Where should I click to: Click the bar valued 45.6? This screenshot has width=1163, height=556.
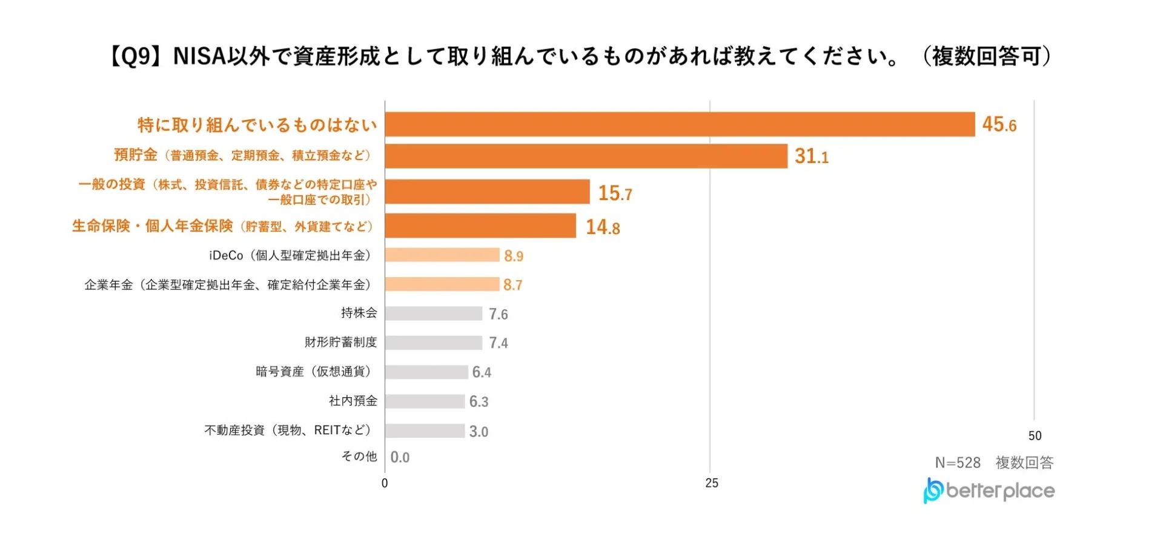pyautogui.click(x=680, y=124)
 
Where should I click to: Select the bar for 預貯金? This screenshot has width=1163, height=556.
pyautogui.click(x=586, y=156)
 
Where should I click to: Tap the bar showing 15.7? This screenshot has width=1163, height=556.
pyautogui.click(x=487, y=192)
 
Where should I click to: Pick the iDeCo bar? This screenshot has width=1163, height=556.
pyautogui.click(x=442, y=255)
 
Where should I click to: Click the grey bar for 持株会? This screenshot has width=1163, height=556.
pyautogui.click(x=434, y=313)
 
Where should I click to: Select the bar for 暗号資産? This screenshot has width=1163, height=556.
pyautogui.click(x=426, y=372)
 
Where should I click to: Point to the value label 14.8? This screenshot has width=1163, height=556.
pyautogui.click(x=603, y=227)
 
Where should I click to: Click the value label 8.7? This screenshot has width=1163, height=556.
pyautogui.click(x=512, y=284)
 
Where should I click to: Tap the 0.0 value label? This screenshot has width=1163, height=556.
pyautogui.click(x=400, y=457)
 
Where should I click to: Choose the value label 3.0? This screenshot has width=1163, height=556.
pyautogui.click(x=479, y=431)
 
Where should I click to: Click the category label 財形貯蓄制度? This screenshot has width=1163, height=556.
pyautogui.click(x=340, y=342)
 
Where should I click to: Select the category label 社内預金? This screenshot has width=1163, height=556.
pyautogui.click(x=353, y=401)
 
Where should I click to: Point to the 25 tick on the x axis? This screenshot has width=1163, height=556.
pyautogui.click(x=711, y=483)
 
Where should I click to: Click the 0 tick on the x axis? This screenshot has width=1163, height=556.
pyautogui.click(x=385, y=483)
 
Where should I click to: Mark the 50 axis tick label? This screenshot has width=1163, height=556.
pyautogui.click(x=1035, y=436)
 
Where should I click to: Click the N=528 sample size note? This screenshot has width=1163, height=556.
pyautogui.click(x=958, y=463)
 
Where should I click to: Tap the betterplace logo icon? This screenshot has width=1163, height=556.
pyautogui.click(x=933, y=491)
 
